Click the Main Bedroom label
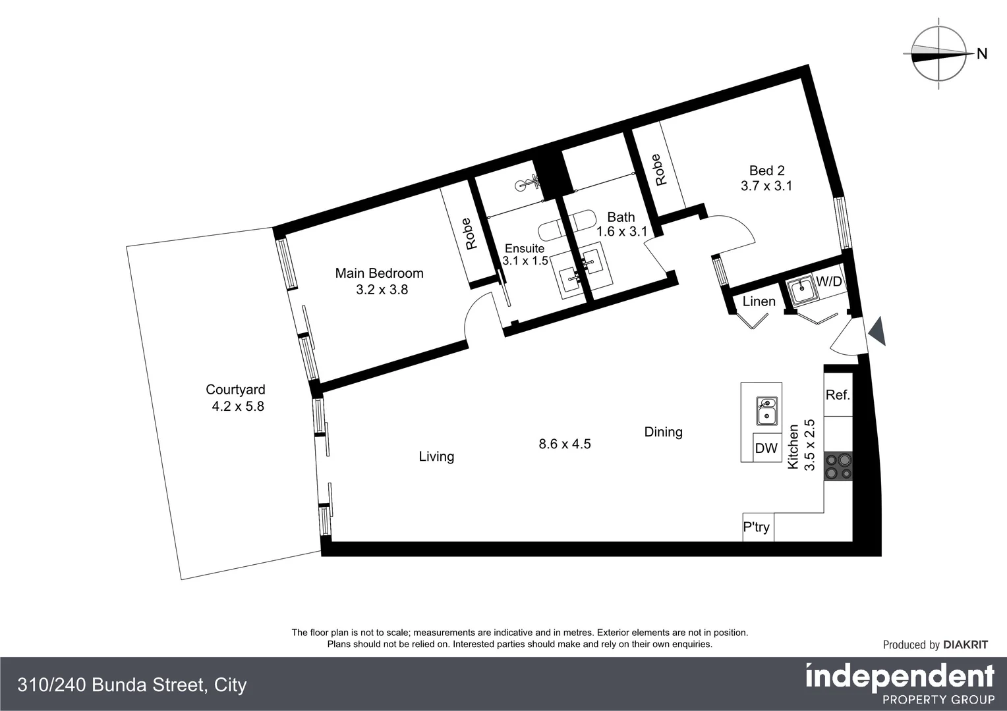click(x=379, y=273)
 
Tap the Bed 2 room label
click(x=766, y=171)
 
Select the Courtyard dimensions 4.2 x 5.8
click(x=237, y=406)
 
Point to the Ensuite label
click(x=525, y=248)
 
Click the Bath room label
click(x=621, y=217)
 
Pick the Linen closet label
click(x=759, y=302)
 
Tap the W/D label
click(x=829, y=282)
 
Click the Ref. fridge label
click(x=838, y=395)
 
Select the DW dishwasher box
click(x=766, y=448)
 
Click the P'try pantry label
click(x=757, y=527)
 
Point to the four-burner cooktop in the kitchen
click(x=838, y=466)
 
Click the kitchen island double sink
click(x=766, y=411)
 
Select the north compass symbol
click(x=938, y=54)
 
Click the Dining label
click(x=663, y=432)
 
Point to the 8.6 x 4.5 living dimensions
click(x=564, y=444)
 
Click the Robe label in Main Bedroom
click(x=471, y=234)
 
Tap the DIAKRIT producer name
click(x=965, y=645)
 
